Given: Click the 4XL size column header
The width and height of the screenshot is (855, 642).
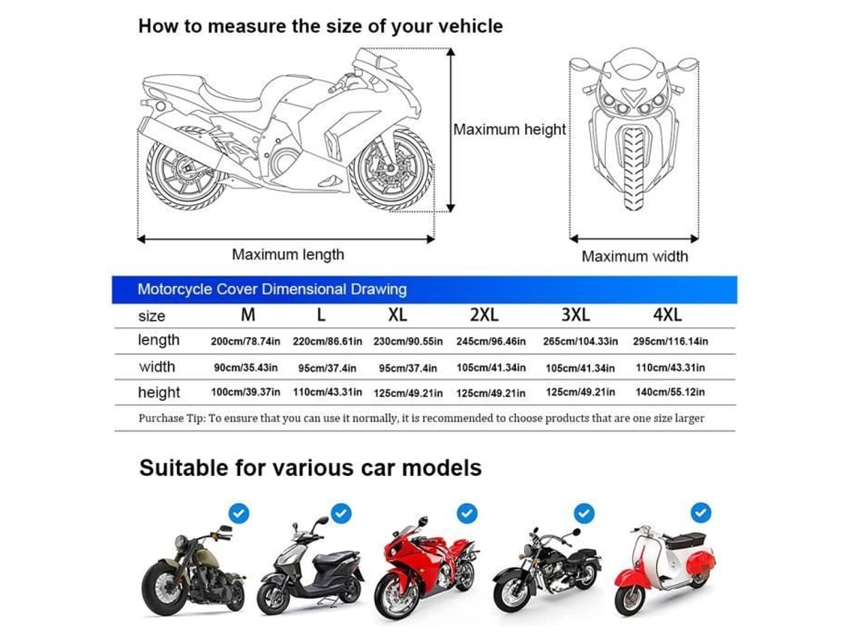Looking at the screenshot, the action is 667,315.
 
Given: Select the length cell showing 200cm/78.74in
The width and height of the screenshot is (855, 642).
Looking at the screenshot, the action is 245,342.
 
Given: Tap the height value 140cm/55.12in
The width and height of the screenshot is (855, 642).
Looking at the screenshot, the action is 670,392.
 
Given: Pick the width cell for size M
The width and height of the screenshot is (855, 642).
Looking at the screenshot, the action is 245,368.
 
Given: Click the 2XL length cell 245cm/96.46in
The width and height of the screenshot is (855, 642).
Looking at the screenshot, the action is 490,342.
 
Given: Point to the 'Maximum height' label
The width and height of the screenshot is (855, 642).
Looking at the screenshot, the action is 510,129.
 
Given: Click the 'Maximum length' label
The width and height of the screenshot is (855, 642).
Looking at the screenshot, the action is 288,255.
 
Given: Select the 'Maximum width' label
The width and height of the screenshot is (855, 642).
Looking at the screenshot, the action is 634,256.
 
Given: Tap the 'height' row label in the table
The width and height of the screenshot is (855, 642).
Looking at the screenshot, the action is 159,393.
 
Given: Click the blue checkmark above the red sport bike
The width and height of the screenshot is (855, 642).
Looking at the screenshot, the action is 466,513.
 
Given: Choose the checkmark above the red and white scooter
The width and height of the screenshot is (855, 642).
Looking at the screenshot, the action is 700,513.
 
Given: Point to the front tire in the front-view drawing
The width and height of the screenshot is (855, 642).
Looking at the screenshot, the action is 634,168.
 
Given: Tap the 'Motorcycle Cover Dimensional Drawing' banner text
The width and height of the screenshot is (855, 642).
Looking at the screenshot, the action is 272,289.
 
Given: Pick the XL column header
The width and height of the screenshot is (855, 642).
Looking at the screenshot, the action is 397,315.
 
